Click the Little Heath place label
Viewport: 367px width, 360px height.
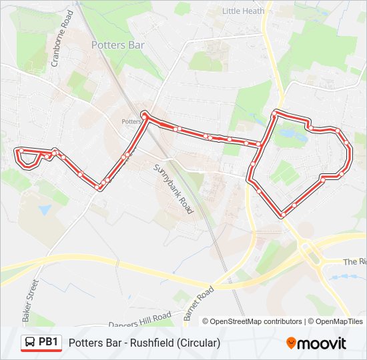point(243,11)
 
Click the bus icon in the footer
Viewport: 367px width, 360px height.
point(30,343)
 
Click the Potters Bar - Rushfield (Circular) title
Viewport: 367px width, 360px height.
point(144,343)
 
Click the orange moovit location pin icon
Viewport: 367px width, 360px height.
point(291,343)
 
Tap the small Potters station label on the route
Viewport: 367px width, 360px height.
point(131,121)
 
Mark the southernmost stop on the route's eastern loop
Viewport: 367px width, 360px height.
point(283,215)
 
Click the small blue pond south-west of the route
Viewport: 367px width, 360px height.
point(45,209)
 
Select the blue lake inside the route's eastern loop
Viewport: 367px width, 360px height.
point(288,135)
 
